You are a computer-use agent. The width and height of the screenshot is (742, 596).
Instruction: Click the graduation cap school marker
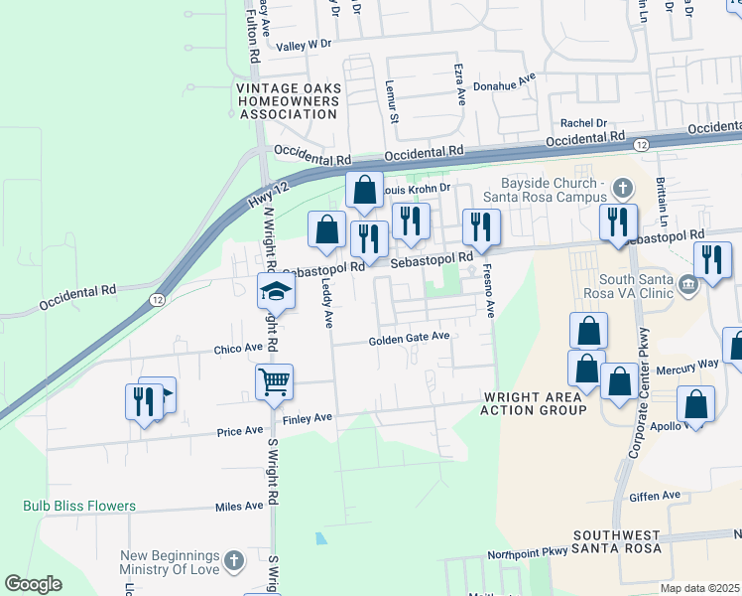(x=277, y=291)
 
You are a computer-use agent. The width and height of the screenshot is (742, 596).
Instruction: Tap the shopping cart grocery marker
(x=274, y=381)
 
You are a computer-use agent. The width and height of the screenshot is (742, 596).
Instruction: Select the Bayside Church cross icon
(x=622, y=186)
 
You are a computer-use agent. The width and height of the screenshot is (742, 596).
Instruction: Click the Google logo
(x=33, y=584)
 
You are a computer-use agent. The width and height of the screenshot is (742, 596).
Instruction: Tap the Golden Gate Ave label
(x=410, y=338)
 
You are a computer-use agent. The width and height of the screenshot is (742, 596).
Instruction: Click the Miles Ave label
(x=239, y=506)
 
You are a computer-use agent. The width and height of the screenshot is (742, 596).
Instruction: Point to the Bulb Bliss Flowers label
(x=79, y=506)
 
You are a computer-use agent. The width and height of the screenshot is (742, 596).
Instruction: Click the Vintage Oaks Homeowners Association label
(x=289, y=101)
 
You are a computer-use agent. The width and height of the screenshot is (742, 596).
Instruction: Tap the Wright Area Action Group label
(x=535, y=402)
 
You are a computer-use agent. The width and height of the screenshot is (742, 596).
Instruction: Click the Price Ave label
(x=240, y=431)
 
